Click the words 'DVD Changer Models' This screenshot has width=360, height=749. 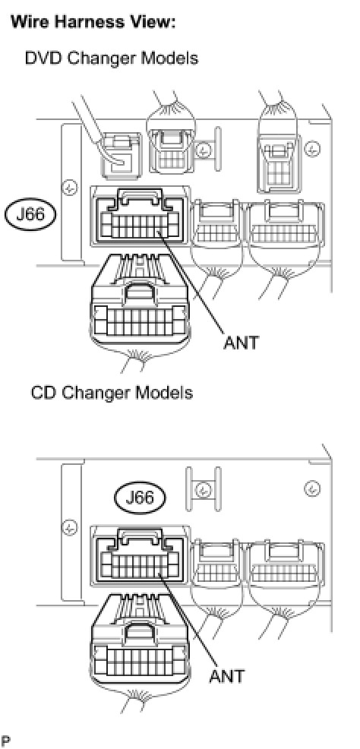point(111,58)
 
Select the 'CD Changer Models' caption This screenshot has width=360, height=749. point(112,393)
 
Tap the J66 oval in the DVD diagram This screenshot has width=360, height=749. point(30,214)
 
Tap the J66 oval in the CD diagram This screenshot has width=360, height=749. point(140,498)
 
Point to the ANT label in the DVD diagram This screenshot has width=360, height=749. point(241,343)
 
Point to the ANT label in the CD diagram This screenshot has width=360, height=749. point(226,676)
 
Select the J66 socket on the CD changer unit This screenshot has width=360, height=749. point(139,554)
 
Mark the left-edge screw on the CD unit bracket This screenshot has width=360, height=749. point(70,528)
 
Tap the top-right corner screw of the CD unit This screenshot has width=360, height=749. point(313,488)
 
